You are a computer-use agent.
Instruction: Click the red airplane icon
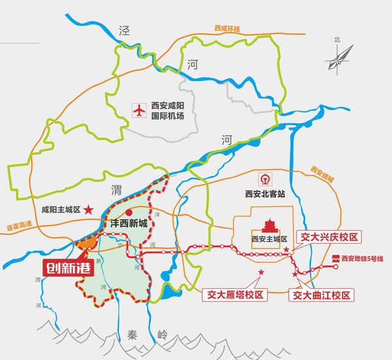139,110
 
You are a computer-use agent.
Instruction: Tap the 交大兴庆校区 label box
329,236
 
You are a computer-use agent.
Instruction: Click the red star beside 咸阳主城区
88,210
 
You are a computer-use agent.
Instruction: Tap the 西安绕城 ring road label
322,173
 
